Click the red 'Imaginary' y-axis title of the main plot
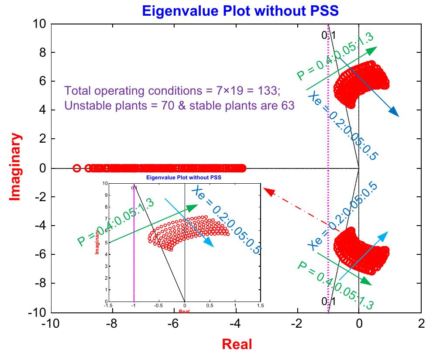pyautogui.click(x=16, y=168)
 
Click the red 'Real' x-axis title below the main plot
pyautogui.click(x=237, y=344)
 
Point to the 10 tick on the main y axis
pyautogui.click(x=38, y=24)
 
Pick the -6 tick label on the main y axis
pyautogui.click(x=38, y=254)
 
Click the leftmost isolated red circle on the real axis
pyautogui.click(x=76, y=168)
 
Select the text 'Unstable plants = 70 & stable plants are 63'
pyautogui.click(x=179, y=106)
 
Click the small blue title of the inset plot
pyautogui.click(x=184, y=178)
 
